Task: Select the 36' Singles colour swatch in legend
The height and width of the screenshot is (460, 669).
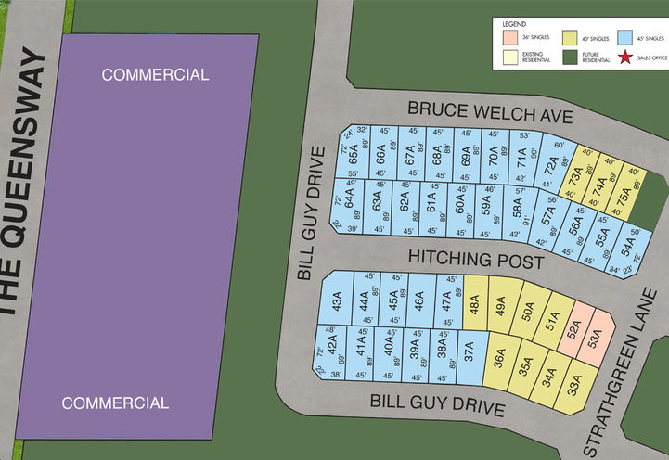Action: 508,36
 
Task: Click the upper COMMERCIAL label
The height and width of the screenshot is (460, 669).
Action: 155,74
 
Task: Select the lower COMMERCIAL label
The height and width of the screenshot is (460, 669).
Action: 115,402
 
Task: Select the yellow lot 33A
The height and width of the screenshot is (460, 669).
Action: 575,380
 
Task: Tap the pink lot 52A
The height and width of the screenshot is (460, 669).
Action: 573,327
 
